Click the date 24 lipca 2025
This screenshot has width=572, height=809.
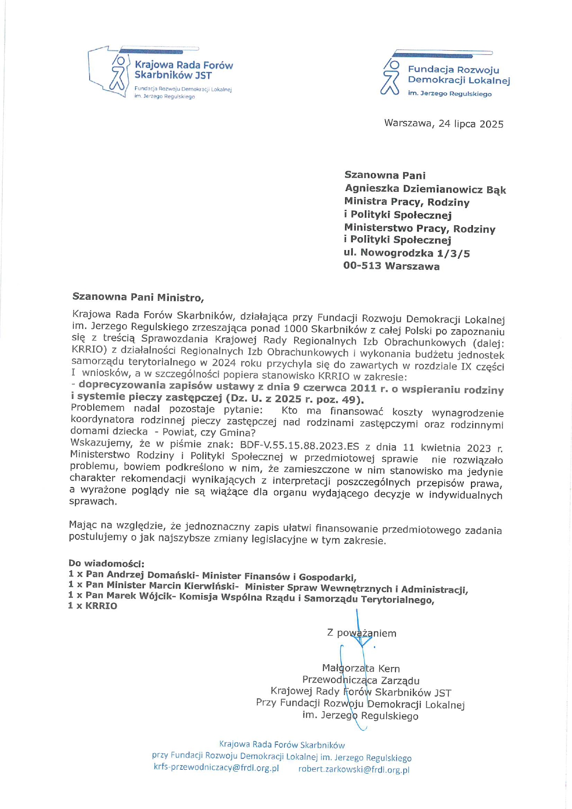[x=471, y=124]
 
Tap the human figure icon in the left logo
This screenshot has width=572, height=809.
[x=118, y=74]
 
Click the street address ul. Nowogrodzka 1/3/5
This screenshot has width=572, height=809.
[x=406, y=253]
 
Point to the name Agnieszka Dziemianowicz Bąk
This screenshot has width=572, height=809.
[x=425, y=189]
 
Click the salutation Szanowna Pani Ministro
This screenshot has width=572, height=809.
[x=137, y=297]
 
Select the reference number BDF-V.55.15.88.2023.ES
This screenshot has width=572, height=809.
[x=299, y=446]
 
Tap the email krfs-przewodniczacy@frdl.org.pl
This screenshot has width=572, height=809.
[x=216, y=768]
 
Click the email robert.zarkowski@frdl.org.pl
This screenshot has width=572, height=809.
[x=353, y=769]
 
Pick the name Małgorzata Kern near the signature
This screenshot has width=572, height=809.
[x=361, y=668]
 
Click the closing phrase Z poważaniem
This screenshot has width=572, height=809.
[x=362, y=633]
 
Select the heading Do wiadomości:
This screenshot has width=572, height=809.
[x=106, y=563]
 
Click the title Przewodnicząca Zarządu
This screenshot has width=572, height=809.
[x=361, y=680]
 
